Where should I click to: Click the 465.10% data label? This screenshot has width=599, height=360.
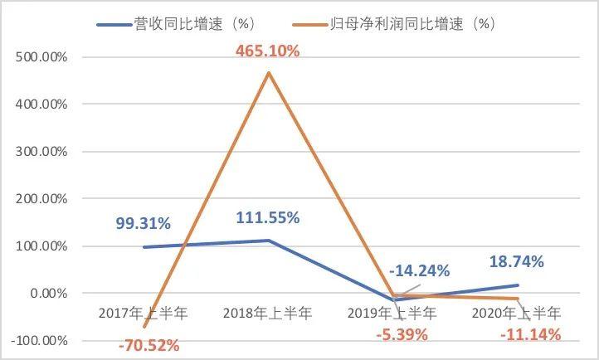[x=268, y=50]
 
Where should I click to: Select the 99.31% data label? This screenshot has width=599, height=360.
[x=144, y=223]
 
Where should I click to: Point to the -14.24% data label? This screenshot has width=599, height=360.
[x=421, y=270]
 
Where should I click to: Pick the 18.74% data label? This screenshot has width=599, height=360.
[x=515, y=261]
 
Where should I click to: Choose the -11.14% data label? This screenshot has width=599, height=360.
[x=531, y=334]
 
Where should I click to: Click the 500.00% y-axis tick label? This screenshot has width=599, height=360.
[x=41, y=57]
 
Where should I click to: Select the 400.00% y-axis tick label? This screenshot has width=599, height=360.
[x=41, y=105]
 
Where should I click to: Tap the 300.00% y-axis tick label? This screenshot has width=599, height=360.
[x=41, y=152]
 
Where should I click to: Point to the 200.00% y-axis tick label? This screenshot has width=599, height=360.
[x=41, y=199]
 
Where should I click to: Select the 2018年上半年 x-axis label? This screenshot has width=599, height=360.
[x=268, y=314]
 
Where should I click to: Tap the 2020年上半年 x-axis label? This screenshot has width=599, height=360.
[x=517, y=314]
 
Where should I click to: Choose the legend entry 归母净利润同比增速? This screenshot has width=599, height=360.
[x=402, y=24]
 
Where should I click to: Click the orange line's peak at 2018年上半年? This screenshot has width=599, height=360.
[x=268, y=73]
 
